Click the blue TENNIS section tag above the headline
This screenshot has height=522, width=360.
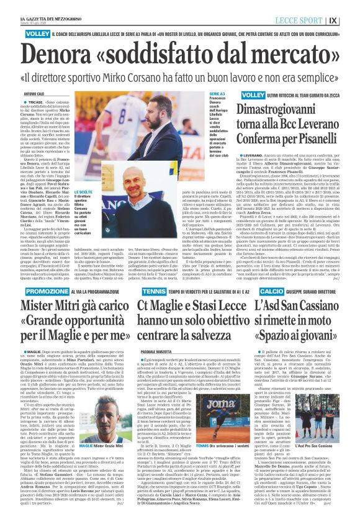click(150, 291)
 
